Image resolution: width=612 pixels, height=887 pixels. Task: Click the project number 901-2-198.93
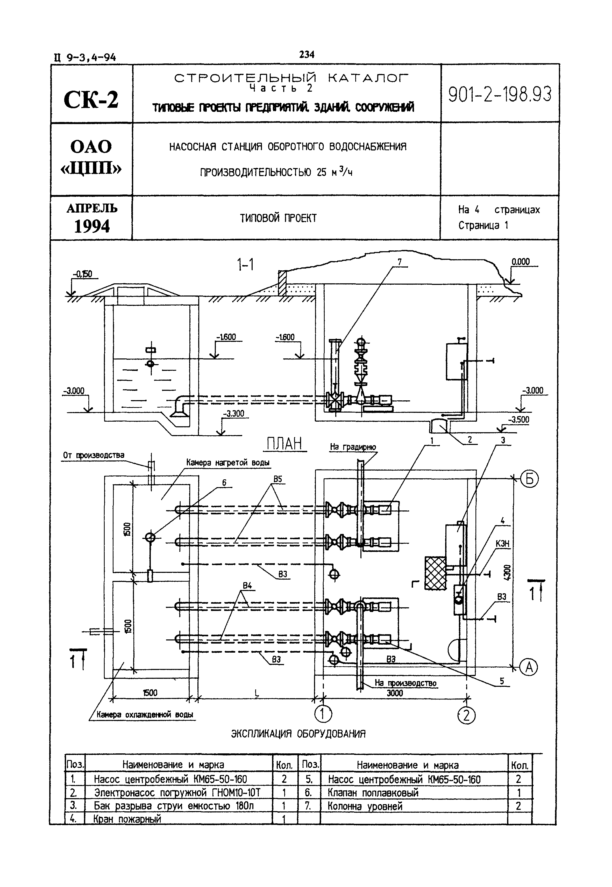pos(500,94)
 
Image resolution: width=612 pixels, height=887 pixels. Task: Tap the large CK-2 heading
pos(91,100)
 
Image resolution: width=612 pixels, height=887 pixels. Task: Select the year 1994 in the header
pos(92,227)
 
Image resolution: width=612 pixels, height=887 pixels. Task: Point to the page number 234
pos(307,55)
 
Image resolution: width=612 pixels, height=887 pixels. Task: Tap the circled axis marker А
pos(529,667)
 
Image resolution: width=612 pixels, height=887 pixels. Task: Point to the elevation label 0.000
pos(520,262)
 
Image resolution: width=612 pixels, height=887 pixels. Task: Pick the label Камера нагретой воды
pos(228,463)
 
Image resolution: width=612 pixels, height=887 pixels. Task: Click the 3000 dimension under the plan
pos(395,693)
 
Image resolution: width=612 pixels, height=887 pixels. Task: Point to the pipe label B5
pos(277,479)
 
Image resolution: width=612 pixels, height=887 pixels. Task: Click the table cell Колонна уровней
pos(365,806)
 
